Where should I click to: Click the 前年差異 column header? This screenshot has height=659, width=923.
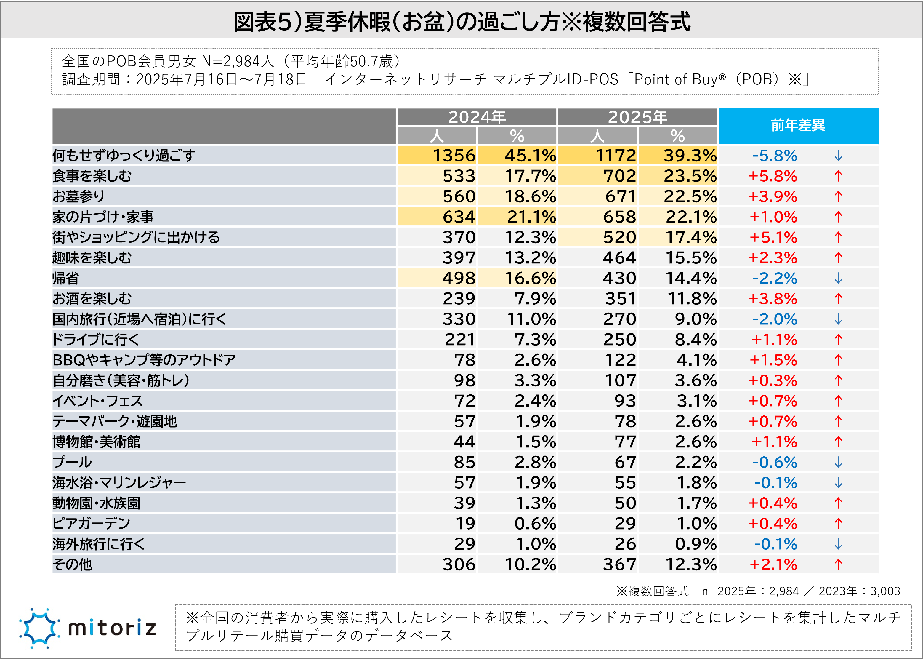[798, 125]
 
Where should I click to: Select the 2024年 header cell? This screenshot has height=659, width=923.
[477, 117]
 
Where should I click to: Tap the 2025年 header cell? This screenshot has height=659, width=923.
[637, 117]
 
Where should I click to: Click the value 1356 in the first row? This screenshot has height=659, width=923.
[454, 156]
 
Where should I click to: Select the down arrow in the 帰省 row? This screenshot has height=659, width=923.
[838, 278]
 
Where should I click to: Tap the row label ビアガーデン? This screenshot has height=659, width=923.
[91, 524]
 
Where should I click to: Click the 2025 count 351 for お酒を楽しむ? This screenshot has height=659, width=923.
[621, 299]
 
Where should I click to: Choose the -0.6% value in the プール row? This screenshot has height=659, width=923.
[775, 462]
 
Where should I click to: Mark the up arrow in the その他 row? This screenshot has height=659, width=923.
[838, 564]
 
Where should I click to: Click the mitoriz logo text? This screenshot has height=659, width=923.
[112, 628]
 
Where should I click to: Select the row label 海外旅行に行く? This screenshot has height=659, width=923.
[99, 544]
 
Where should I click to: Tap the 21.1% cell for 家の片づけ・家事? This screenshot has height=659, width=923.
[531, 217]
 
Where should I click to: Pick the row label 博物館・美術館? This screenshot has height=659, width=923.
[97, 442]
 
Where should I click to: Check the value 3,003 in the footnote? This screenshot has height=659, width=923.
[885, 591]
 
